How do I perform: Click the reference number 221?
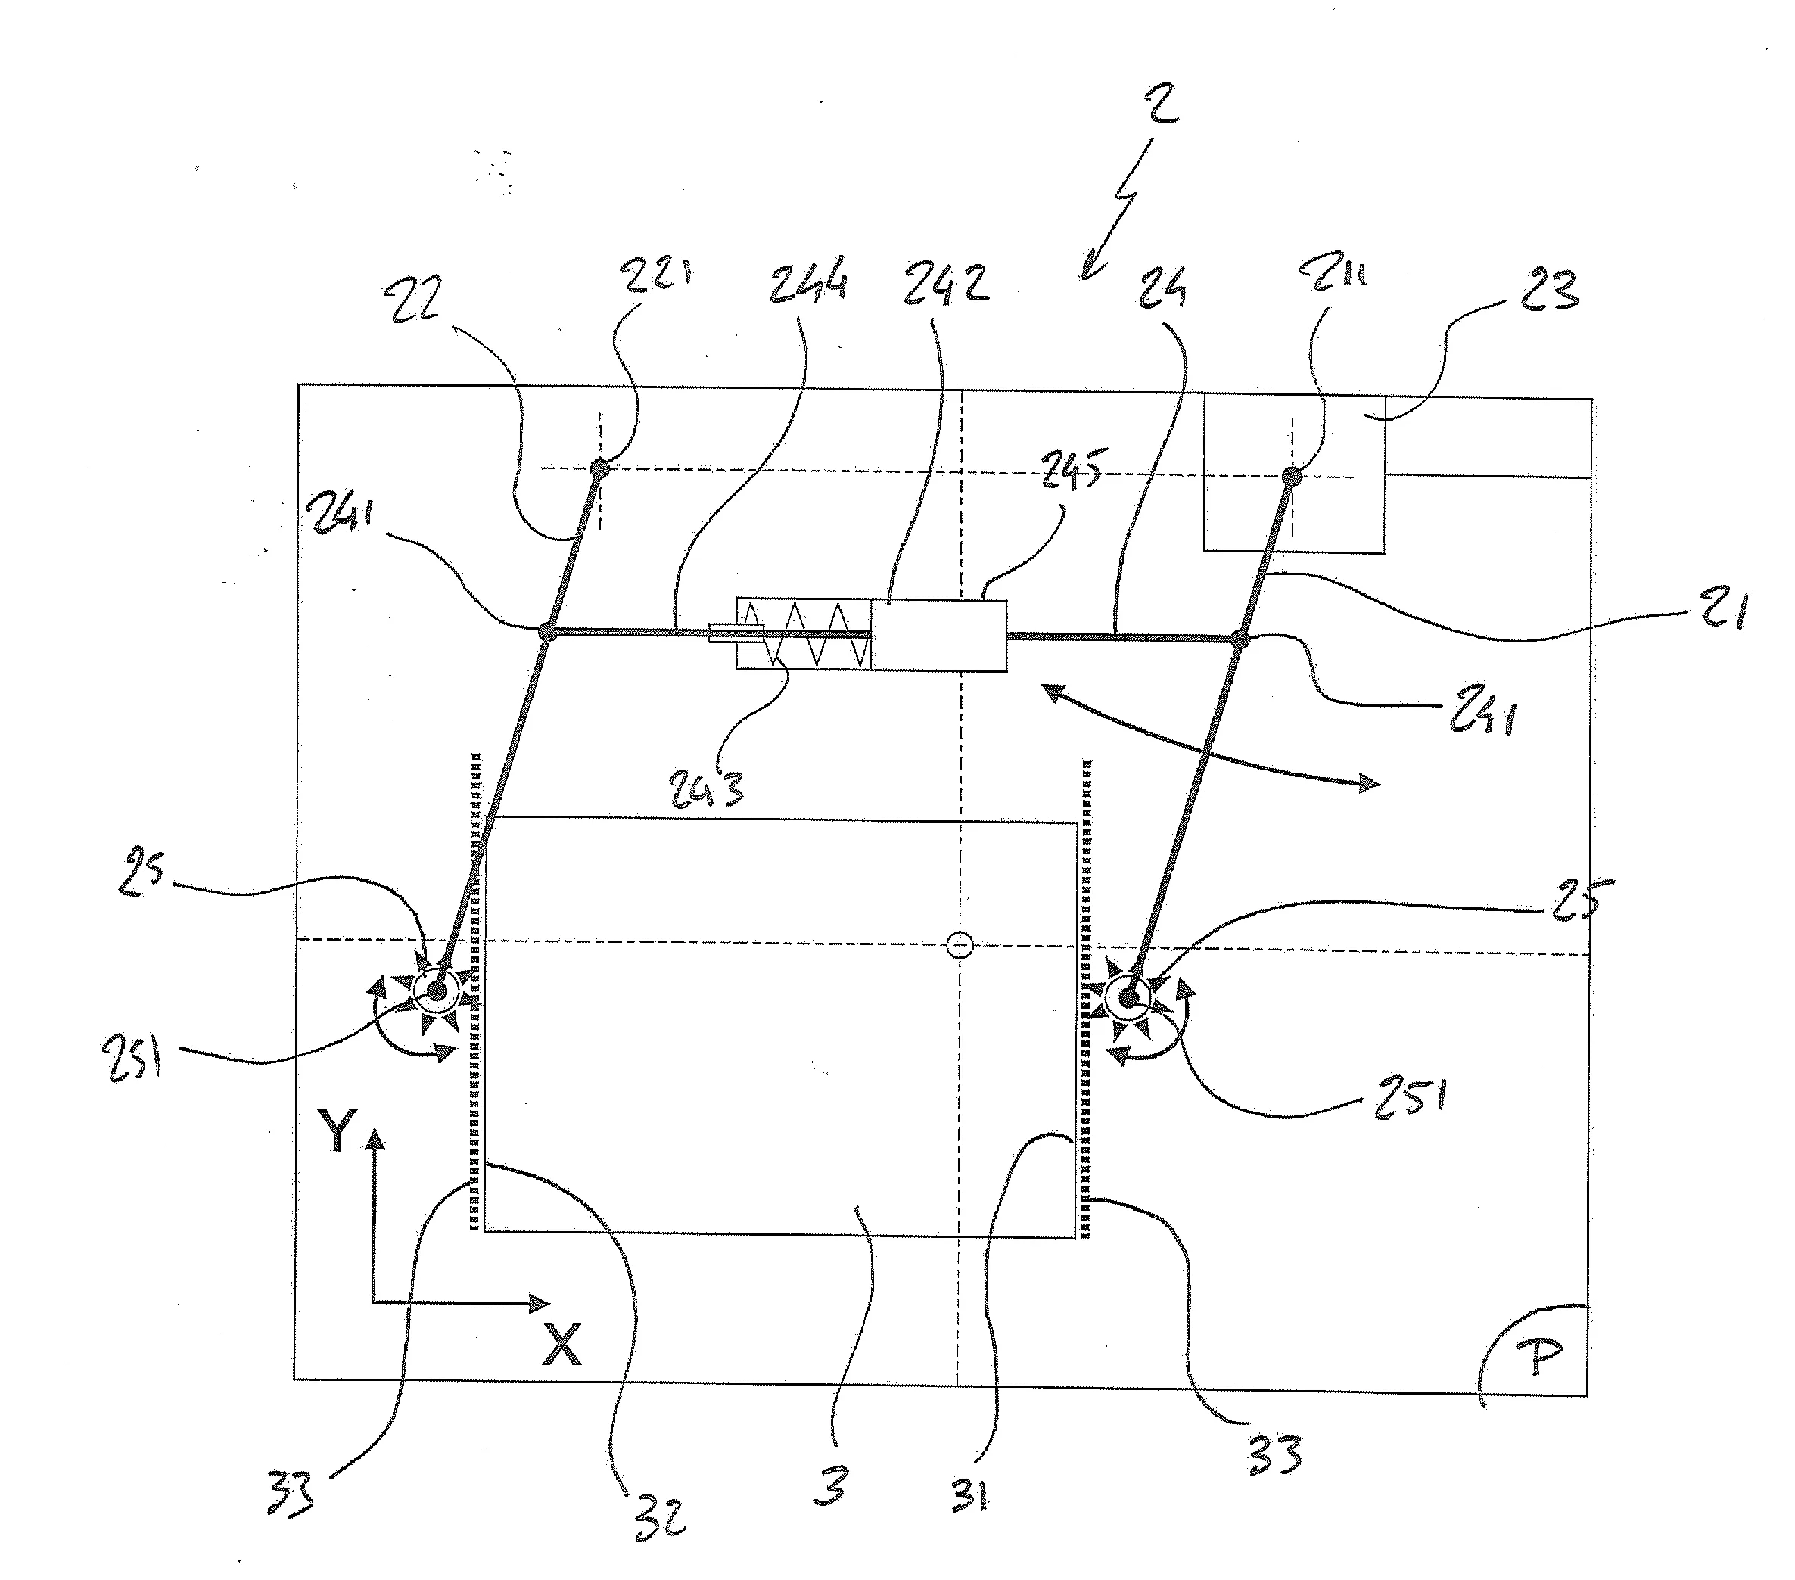pos(657,272)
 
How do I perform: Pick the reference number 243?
pos(707,787)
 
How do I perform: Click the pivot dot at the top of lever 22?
pos(600,468)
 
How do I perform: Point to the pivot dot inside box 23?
pos(1292,476)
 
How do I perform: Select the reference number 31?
pos(969,1494)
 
